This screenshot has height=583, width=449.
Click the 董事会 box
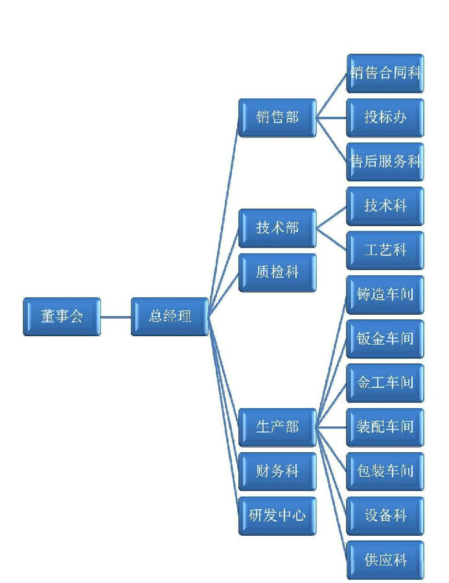(x=62, y=316)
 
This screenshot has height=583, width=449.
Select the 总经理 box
(x=170, y=316)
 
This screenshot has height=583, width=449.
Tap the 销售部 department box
(x=277, y=117)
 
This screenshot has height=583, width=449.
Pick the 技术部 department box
(x=277, y=228)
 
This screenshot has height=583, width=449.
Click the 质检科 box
(x=277, y=272)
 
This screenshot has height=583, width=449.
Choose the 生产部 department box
(x=277, y=427)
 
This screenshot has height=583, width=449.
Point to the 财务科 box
(x=277, y=471)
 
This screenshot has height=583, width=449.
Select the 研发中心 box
(x=277, y=516)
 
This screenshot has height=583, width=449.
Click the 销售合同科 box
(x=386, y=73)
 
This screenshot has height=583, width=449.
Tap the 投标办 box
(x=386, y=117)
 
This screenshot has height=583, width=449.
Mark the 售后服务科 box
(x=386, y=161)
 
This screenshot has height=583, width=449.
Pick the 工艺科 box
(x=386, y=250)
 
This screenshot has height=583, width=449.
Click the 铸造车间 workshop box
(x=386, y=294)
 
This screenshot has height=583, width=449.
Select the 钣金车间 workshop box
(x=386, y=338)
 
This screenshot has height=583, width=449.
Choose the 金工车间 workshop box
(x=386, y=383)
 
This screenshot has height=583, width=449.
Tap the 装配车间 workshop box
(x=386, y=427)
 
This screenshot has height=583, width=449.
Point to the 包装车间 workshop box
(x=386, y=471)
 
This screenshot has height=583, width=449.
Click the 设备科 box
(x=386, y=516)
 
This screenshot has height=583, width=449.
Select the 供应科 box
(x=386, y=560)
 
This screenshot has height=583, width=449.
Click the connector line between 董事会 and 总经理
(x=116, y=317)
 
